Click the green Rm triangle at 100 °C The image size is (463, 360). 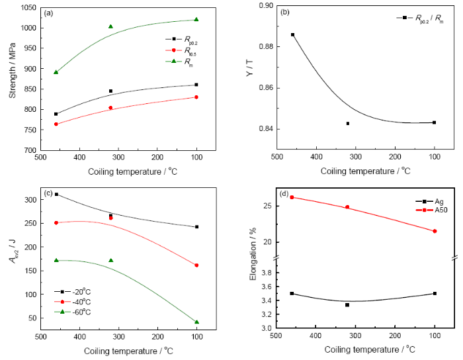click(196, 19)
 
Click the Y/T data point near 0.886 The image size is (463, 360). click(292, 34)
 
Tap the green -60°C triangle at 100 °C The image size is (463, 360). click(196, 322)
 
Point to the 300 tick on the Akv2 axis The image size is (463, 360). click(30, 199)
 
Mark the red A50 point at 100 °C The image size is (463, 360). click(435, 231)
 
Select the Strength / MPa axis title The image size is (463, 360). click(13, 78)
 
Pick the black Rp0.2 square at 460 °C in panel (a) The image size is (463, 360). click(56, 114)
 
